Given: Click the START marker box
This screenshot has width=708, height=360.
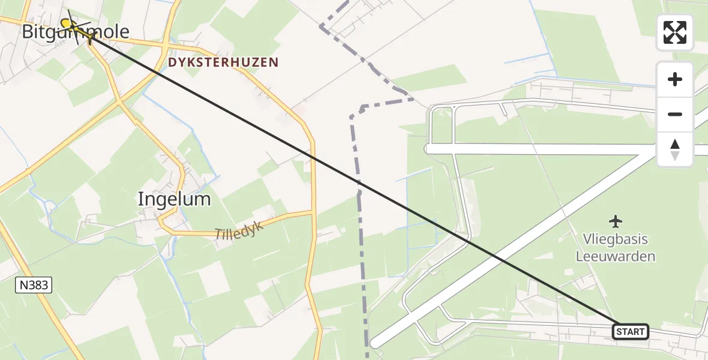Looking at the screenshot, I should [631, 331].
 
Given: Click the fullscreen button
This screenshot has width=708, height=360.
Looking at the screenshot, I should [675, 32].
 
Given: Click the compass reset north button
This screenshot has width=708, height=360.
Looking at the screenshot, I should [675, 149].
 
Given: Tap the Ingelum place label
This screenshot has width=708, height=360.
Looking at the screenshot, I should [174, 199].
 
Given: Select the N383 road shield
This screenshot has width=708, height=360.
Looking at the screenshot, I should [34, 286].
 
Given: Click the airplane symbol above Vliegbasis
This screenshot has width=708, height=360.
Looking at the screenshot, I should [616, 221].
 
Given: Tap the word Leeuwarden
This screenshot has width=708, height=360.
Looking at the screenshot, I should [616, 257].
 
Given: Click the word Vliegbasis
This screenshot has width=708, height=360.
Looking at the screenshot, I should [616, 239].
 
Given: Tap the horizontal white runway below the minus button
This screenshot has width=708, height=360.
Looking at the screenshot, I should [540, 149].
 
